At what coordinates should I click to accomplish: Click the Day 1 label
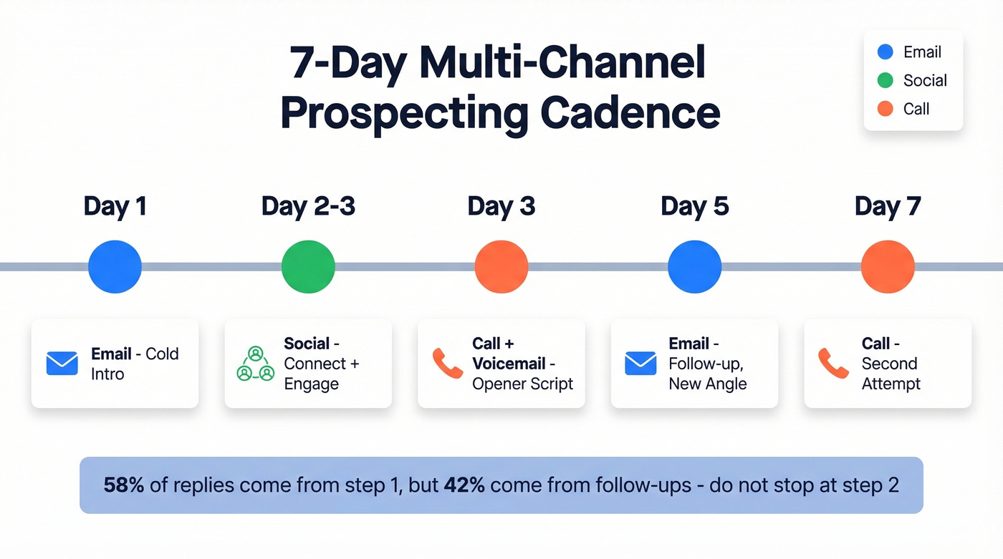point(115,207)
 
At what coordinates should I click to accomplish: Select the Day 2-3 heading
point(308,207)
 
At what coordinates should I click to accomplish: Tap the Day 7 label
point(887,207)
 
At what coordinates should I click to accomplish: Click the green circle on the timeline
point(308,266)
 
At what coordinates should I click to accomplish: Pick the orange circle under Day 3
point(501,266)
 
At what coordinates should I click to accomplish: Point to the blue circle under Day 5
point(694,266)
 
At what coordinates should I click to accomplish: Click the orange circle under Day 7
point(887,266)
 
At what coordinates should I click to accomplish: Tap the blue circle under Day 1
point(115,266)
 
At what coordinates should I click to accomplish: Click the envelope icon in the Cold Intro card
point(62,364)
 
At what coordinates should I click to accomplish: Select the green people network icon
point(256,364)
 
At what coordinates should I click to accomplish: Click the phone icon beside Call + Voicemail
point(448,364)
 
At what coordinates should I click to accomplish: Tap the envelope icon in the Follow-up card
point(640,364)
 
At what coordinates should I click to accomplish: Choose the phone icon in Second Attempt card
point(833,364)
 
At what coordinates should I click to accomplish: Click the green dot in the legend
point(886,80)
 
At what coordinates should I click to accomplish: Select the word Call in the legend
point(916,109)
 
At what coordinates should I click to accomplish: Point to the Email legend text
point(922,52)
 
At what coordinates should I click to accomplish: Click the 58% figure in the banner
point(124,485)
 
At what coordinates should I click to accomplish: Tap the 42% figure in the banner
point(464,485)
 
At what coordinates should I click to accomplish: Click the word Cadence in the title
point(630,113)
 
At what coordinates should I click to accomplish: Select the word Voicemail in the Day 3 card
point(509,364)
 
